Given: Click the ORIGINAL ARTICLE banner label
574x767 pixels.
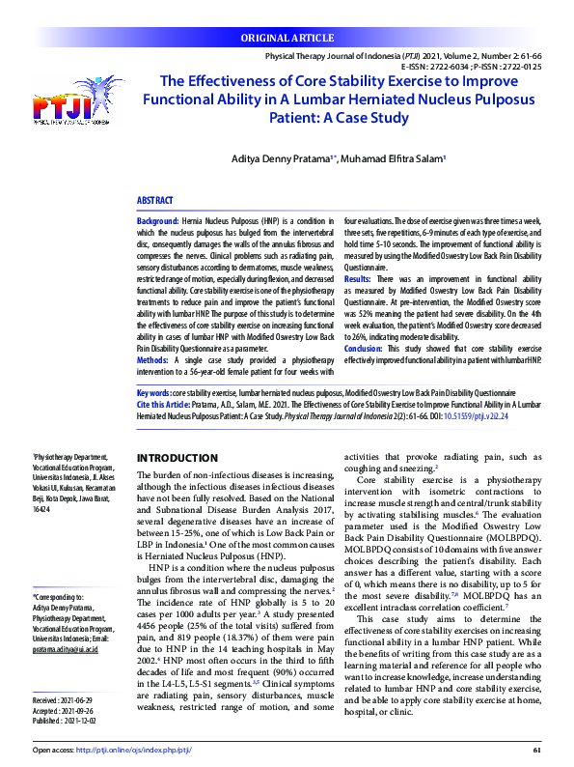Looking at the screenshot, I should coord(287,40).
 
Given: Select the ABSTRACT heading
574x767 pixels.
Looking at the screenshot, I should coord(155,201).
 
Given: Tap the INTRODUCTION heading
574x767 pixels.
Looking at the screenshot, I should coord(178,457).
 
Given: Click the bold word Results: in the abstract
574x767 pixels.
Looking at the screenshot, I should coord(358,277).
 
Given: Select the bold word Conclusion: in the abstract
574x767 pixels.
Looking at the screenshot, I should coord(365,348).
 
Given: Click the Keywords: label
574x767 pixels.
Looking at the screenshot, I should coord(154,394).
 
